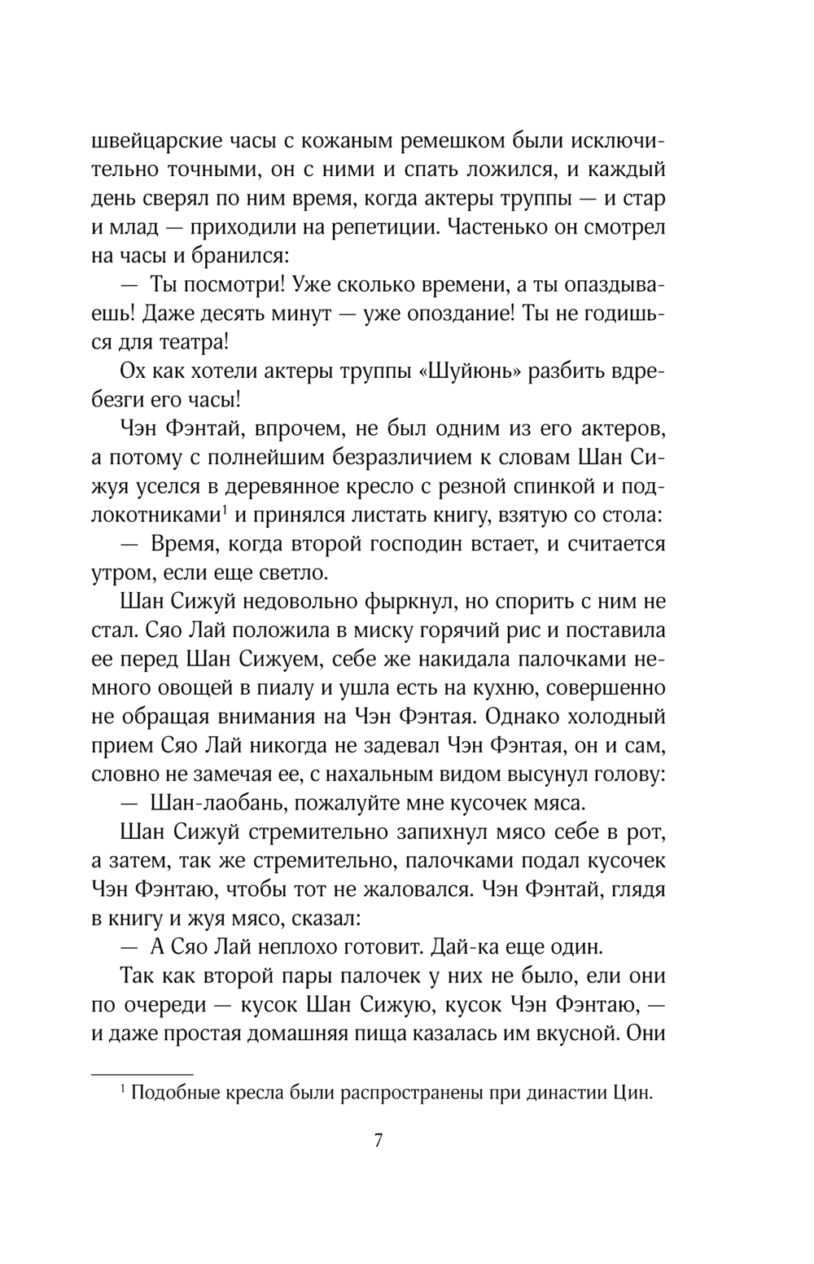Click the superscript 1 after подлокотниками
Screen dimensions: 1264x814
[223, 511]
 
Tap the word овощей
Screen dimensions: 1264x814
[195, 689]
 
